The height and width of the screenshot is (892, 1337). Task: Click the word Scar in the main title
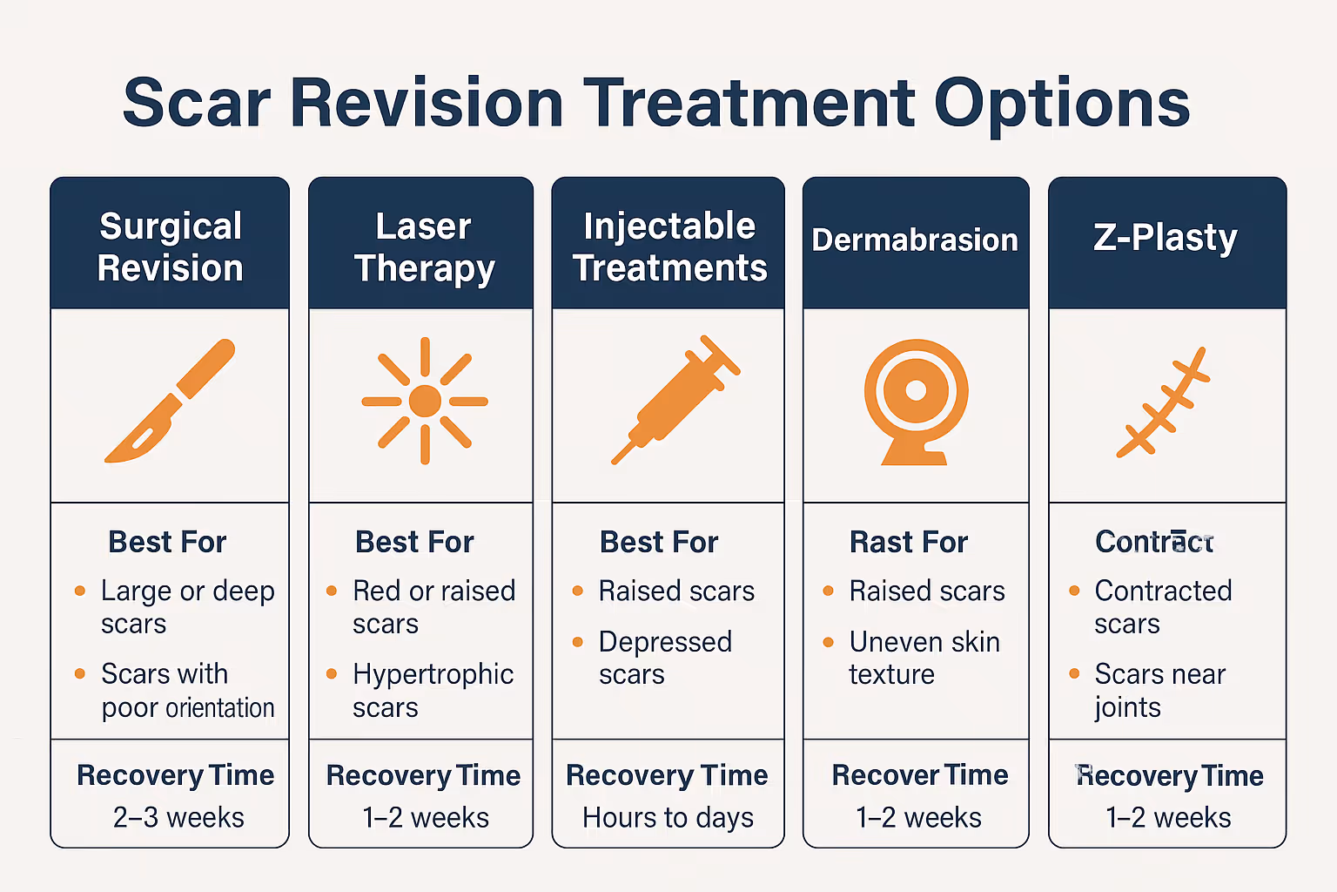[197, 104]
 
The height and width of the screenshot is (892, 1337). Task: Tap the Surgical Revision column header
[170, 247]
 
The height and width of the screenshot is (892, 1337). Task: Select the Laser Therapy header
[424, 247]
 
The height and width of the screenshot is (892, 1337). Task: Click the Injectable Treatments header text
[668, 247]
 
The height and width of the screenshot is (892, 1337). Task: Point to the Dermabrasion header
[915, 240]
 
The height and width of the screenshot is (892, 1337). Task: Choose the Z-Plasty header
[1166, 238]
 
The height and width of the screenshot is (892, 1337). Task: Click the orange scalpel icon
[171, 401]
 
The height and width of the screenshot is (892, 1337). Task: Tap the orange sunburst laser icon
[425, 401]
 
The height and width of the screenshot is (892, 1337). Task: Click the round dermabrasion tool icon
[916, 400]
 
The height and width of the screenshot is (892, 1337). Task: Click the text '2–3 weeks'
[178, 817]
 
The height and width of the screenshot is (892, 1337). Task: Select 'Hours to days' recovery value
[668, 817]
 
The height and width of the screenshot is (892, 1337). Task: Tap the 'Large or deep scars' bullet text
[186, 607]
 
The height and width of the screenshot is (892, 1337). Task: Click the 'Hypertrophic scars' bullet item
[433, 691]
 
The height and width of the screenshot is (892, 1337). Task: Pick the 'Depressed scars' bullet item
[665, 658]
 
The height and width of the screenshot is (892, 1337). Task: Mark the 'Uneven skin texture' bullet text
[924, 658]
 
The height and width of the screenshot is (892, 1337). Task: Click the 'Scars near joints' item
[1159, 691]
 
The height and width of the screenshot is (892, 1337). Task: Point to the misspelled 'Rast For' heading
[908, 542]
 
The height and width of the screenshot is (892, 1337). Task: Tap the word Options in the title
[1062, 104]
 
